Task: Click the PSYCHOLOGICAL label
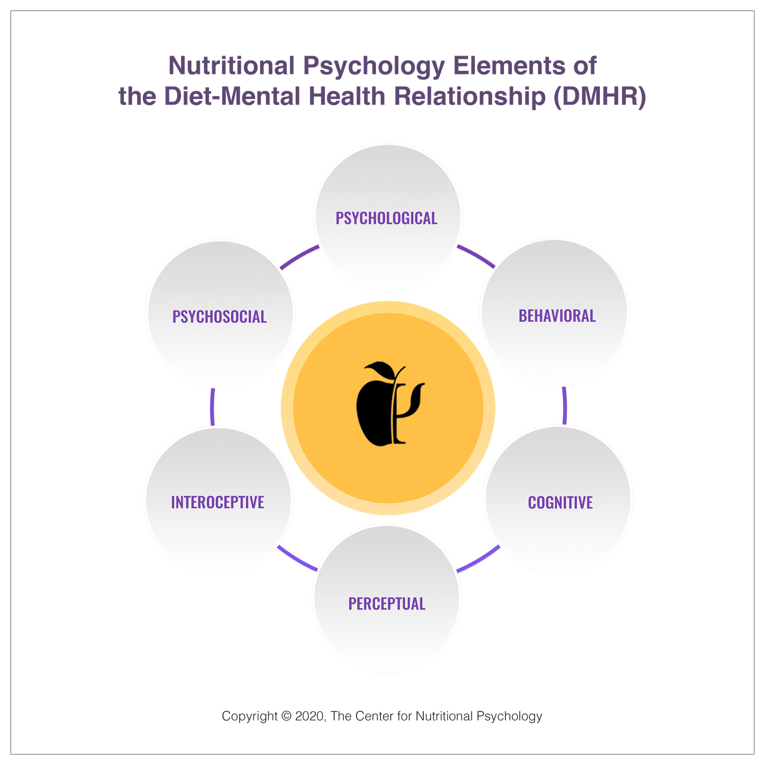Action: [386, 218]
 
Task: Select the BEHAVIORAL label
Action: [557, 316]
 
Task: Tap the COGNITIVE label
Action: [560, 503]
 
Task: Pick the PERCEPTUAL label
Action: [387, 604]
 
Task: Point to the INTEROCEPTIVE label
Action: [217, 502]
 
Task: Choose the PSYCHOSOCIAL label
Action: [219, 317]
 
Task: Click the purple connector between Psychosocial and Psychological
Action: [298, 257]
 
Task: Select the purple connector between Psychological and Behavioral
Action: [476, 257]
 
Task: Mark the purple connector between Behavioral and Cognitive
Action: [565, 406]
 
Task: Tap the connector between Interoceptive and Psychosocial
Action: [212, 407]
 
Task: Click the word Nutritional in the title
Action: [232, 66]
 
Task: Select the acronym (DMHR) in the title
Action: [600, 96]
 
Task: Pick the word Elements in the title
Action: [509, 66]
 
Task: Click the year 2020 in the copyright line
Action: [310, 716]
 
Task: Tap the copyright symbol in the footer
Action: [286, 716]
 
